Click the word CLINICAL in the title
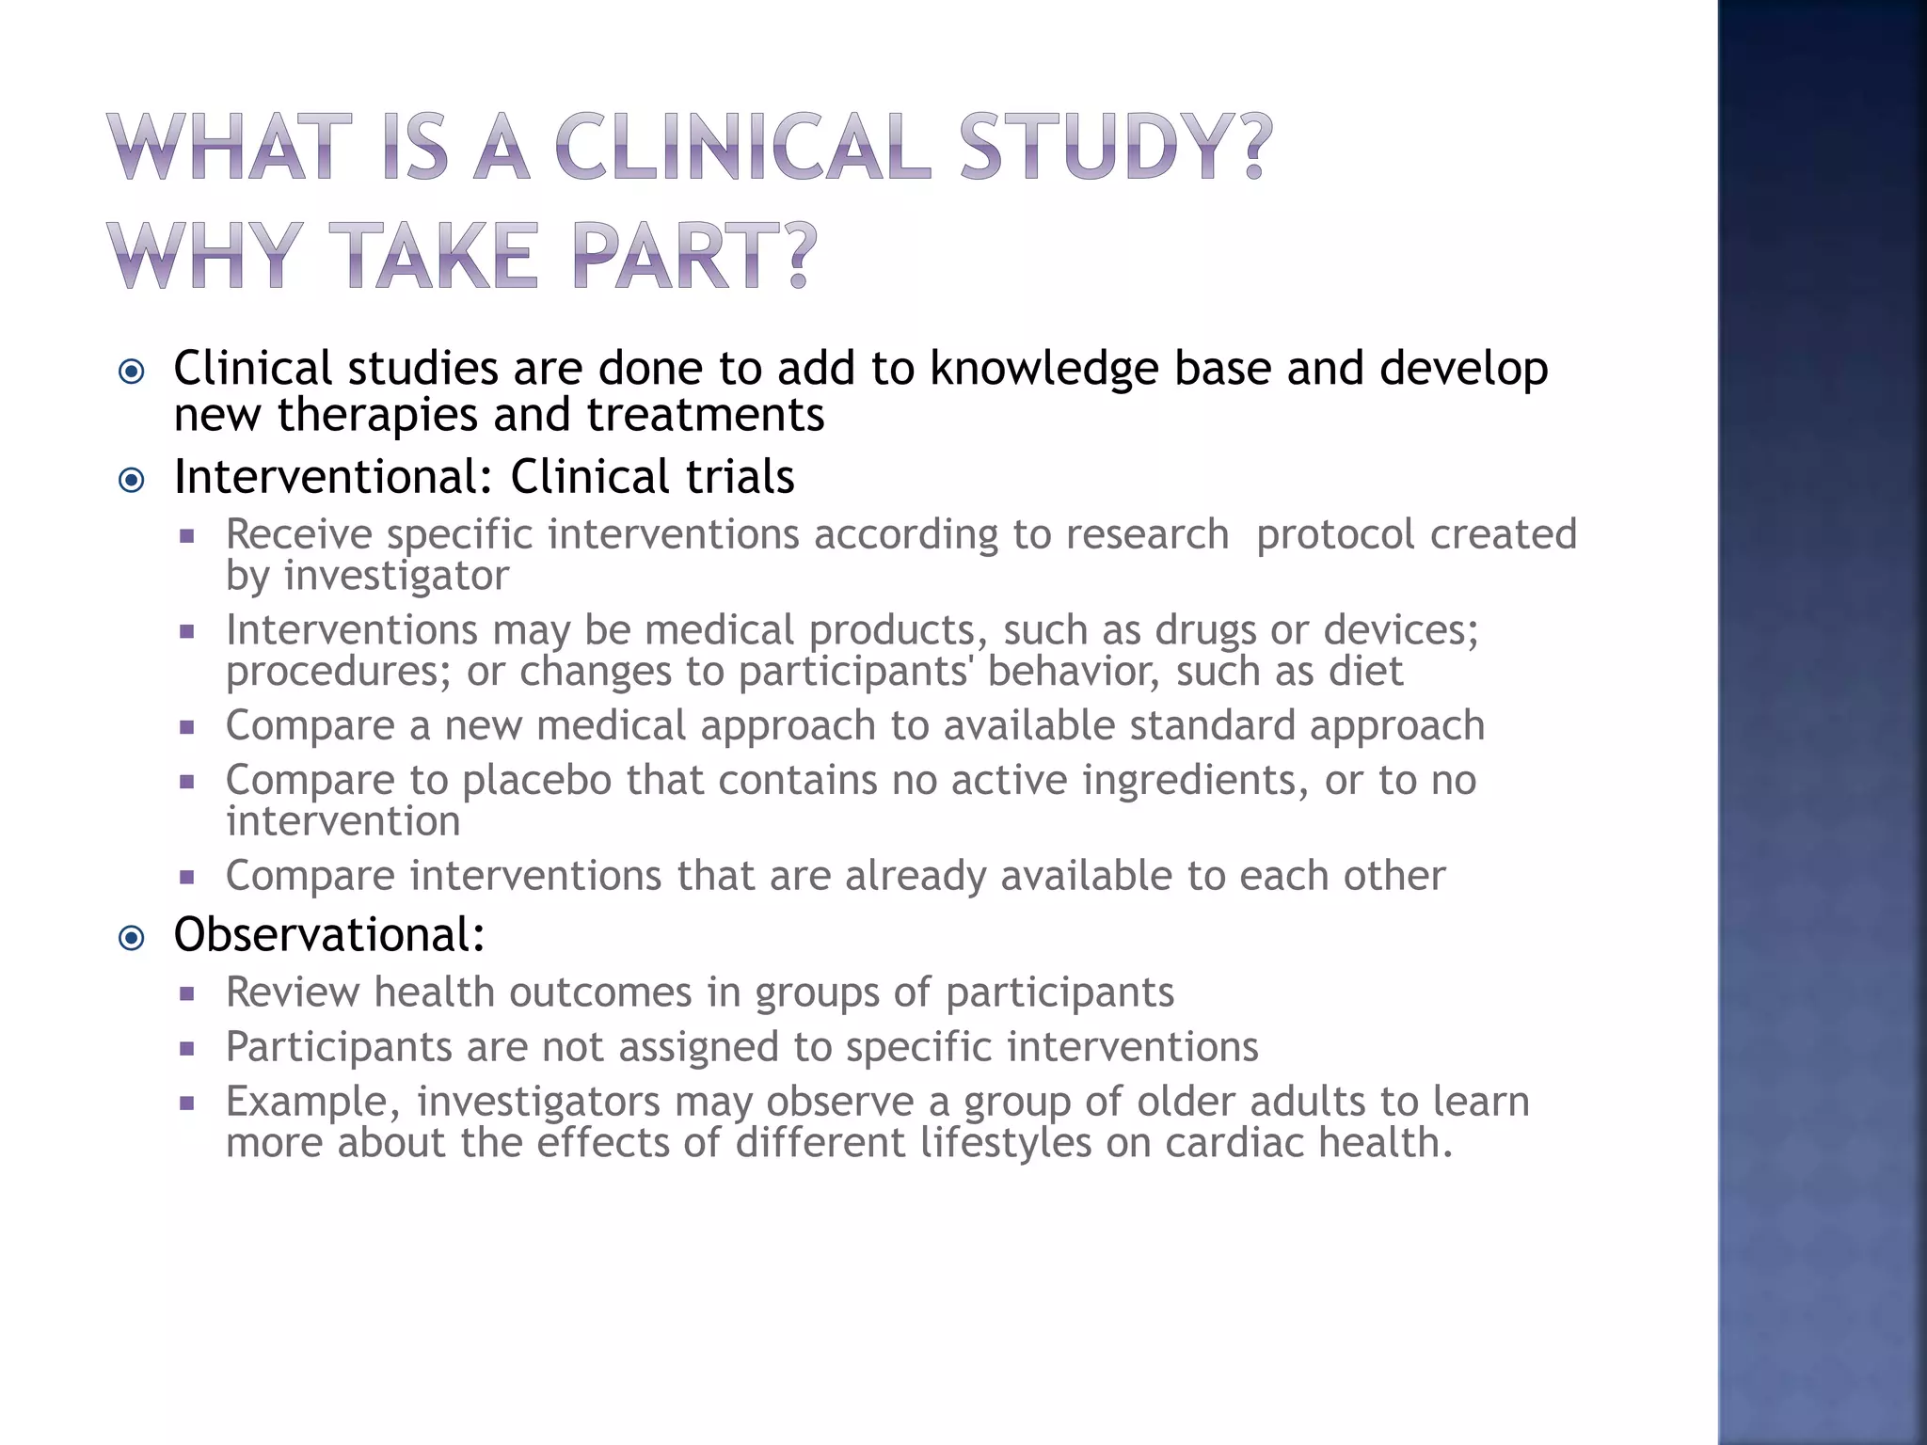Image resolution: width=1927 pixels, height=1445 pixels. tap(742, 148)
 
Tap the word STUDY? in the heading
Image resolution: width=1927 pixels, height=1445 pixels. tap(1115, 148)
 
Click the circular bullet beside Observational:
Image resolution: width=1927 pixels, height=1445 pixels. tap(132, 937)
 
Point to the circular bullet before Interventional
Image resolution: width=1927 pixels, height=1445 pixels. tap(132, 480)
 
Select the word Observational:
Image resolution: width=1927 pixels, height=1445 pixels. tap(329, 934)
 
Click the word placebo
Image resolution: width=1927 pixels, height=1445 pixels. tap(536, 780)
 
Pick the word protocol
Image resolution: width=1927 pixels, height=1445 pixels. tap(1335, 534)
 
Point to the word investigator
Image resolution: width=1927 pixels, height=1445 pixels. tap(396, 576)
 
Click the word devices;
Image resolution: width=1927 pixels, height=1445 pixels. tap(1401, 629)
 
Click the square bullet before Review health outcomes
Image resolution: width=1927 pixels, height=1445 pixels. tap(186, 992)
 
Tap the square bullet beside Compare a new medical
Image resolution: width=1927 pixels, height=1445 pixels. tap(186, 726)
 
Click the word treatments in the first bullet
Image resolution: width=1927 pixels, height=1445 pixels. tap(705, 415)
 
